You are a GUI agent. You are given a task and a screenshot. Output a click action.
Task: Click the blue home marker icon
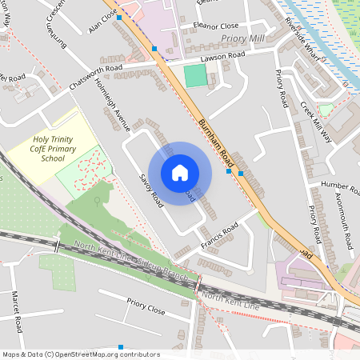[180, 173]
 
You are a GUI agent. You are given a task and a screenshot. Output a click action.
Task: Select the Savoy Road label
[150, 190]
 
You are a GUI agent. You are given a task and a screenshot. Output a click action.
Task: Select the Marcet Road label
[16, 312]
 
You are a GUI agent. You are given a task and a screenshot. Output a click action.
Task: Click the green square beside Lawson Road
[194, 76]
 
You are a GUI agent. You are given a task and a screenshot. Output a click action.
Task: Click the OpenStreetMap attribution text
[81, 354]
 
